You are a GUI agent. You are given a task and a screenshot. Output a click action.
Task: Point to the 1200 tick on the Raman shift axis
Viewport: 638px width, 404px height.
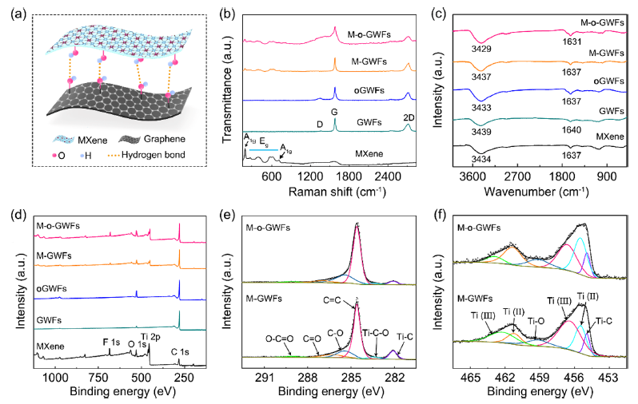click(310, 176)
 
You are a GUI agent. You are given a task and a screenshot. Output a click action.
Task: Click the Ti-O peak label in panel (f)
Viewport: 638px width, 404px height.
click(536, 321)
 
